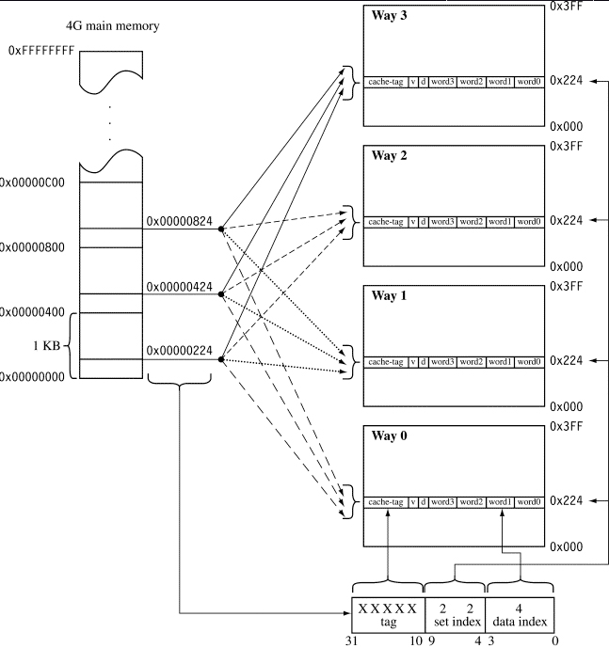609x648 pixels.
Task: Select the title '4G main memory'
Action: [112, 25]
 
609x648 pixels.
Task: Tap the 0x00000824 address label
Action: [180, 222]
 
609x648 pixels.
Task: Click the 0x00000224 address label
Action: [180, 351]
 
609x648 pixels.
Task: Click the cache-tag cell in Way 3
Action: [386, 82]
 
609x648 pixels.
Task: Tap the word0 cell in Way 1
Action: [529, 362]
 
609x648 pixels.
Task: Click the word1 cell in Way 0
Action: [501, 501]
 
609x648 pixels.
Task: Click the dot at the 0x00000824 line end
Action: [220, 229]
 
